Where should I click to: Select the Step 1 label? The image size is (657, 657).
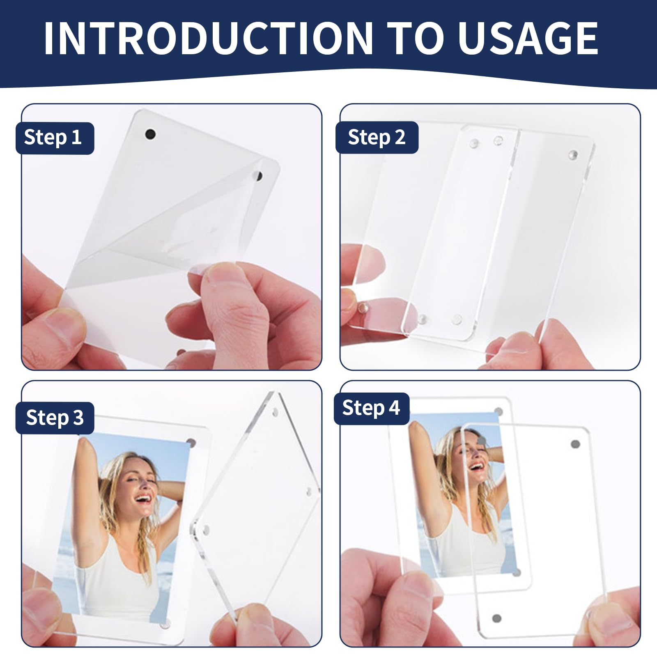(55, 138)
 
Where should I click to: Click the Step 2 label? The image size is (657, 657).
(377, 138)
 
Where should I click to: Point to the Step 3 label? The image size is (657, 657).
(55, 418)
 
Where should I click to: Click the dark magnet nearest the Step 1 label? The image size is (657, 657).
(151, 133)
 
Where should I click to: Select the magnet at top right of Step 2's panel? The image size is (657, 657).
(573, 155)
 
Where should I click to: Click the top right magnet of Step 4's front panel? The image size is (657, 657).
(575, 444)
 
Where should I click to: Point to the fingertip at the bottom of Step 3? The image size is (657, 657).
(248, 624)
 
